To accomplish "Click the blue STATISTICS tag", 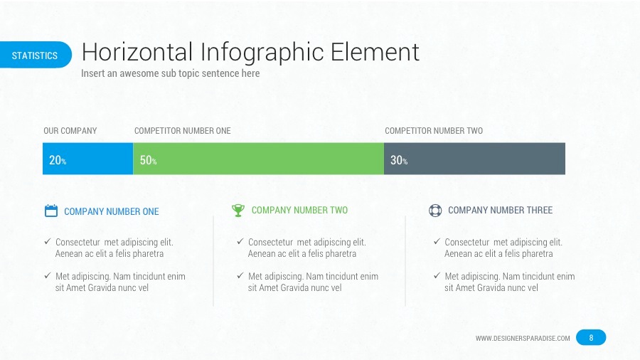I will pos(35,55).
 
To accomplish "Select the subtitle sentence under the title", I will pos(170,73).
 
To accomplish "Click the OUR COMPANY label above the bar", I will pos(70,131).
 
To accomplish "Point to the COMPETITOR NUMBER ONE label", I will pos(182,131).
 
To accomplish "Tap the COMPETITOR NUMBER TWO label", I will pos(433,131).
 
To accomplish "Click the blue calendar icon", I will pos(50,211).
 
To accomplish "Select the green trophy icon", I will pos(238,210).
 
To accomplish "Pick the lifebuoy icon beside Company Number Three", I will pos(435,211).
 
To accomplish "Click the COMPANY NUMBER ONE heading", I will pos(112,211).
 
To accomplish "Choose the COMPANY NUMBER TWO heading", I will pos(299,210).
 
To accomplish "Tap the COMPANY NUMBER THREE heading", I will pos(500,210).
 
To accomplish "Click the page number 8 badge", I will pos(591,337).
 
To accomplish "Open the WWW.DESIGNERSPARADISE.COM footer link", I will pos(522,338).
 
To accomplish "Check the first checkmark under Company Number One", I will pos(47,242).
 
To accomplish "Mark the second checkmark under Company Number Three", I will pos(437,276).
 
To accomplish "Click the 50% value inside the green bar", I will pos(148,160).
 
